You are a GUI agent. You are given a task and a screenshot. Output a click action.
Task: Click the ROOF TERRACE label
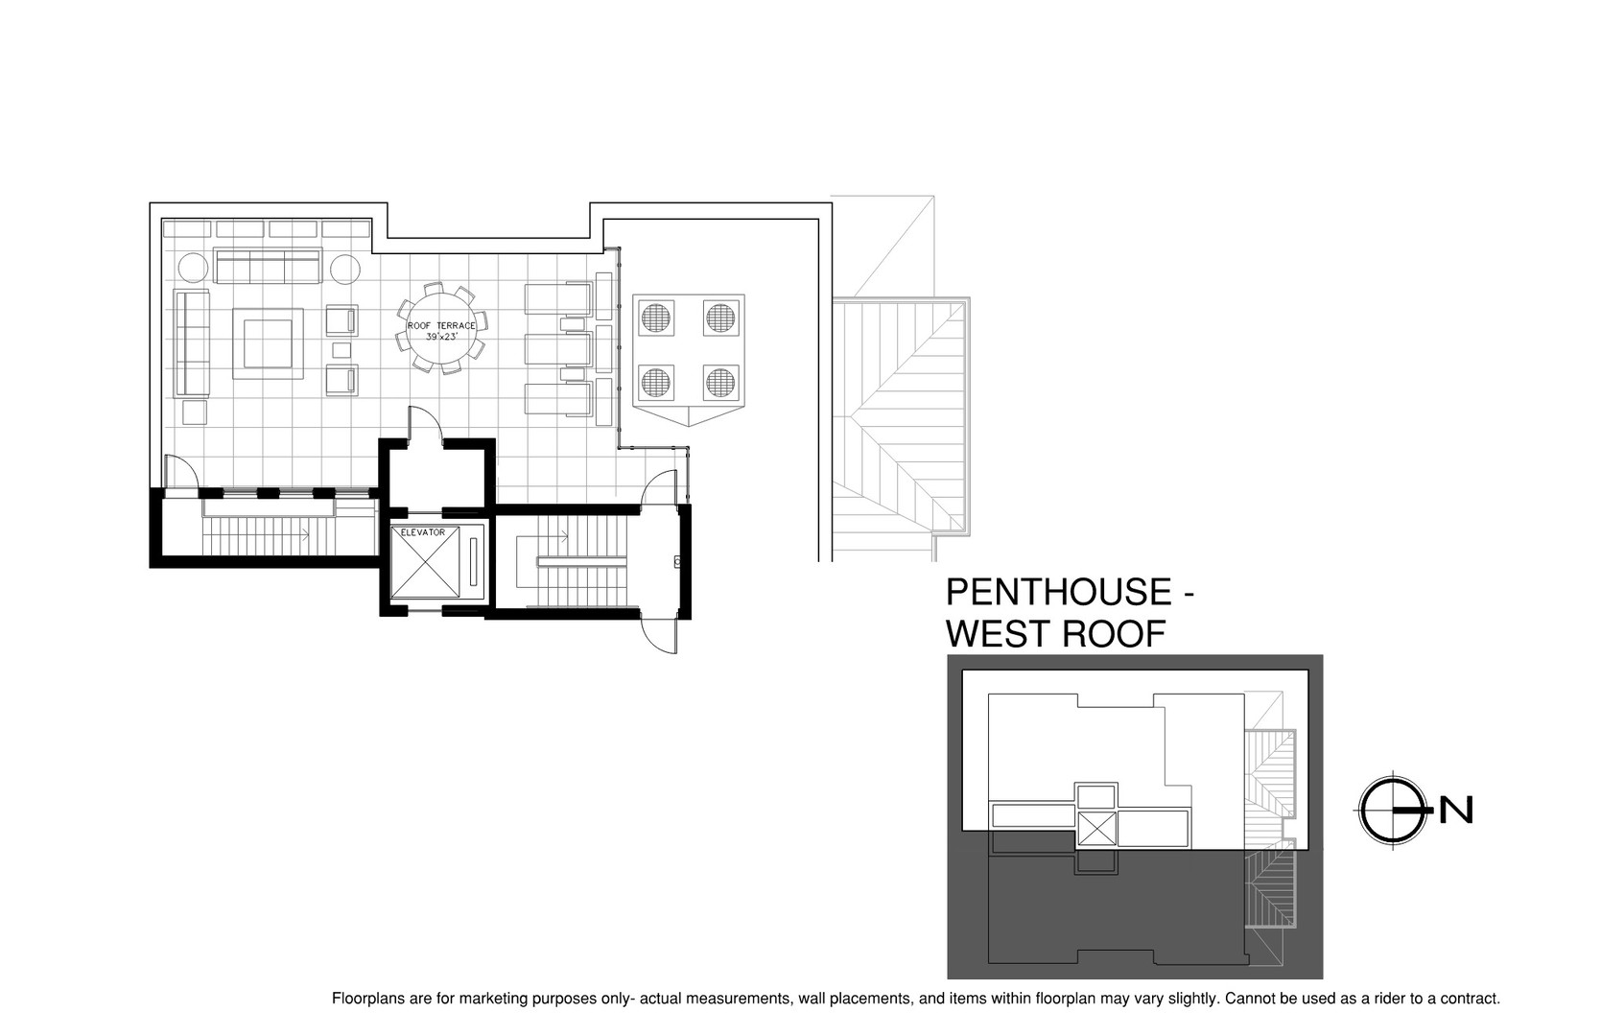click(441, 326)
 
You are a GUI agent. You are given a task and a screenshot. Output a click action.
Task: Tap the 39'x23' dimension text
click(441, 337)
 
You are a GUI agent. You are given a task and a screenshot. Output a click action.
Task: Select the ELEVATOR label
click(422, 532)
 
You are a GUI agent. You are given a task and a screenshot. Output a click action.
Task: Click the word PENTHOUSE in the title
click(1059, 592)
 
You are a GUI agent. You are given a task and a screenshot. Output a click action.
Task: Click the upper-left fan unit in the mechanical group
click(655, 318)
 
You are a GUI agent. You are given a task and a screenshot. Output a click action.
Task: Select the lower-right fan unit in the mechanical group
click(719, 383)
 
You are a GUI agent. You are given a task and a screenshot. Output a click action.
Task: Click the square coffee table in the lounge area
click(268, 344)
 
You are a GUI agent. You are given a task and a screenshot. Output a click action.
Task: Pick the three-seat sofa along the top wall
click(268, 266)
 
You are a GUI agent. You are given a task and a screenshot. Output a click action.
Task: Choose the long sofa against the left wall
click(192, 343)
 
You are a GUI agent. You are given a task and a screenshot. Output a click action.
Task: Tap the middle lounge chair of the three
click(558, 349)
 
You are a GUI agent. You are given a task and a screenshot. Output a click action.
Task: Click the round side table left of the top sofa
click(192, 269)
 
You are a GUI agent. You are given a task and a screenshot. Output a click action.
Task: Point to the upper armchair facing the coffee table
click(341, 320)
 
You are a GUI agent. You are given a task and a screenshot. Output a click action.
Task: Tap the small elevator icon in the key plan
click(1095, 829)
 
